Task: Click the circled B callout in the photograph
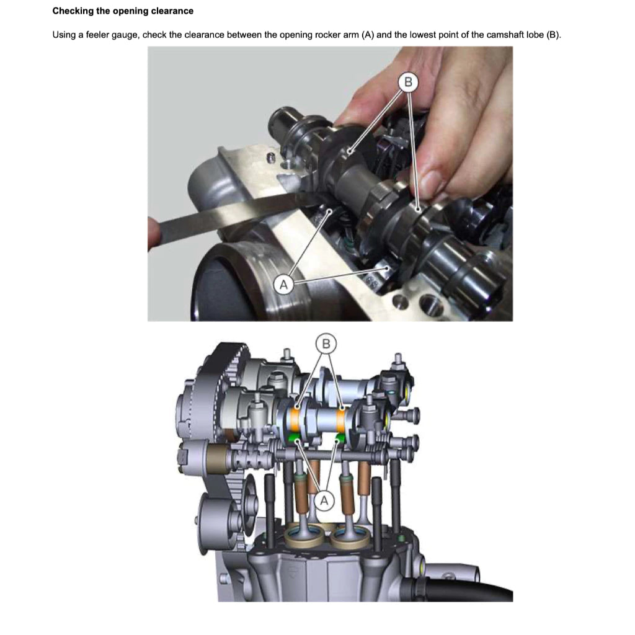[407, 81]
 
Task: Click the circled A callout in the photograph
[283, 285]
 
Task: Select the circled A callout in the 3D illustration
[323, 499]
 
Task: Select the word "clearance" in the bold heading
[172, 11]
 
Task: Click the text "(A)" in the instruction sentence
[368, 34]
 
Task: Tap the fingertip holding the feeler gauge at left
[153, 233]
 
